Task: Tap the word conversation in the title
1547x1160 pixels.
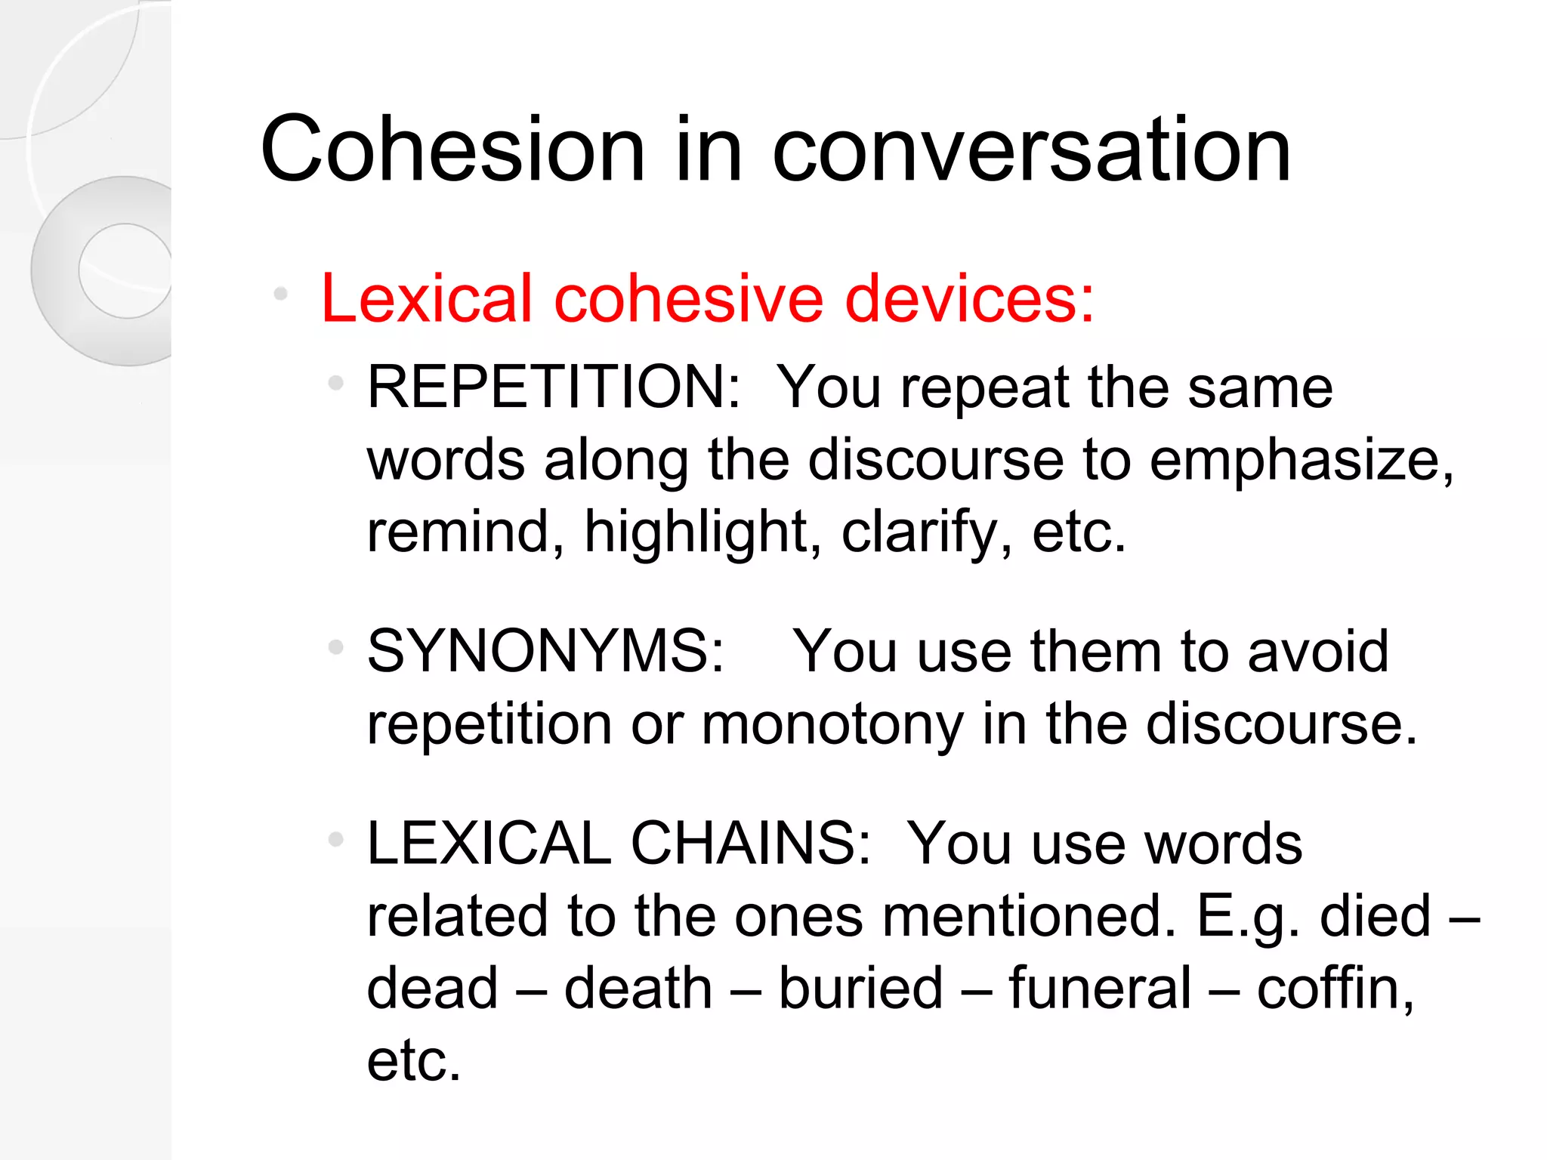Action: coord(1031,151)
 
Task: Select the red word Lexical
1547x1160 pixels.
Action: coord(427,299)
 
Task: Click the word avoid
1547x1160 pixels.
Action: coord(1317,652)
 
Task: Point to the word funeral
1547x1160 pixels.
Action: coord(1100,989)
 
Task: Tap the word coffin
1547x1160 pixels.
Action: coord(1332,989)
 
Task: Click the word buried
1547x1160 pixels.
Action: coord(860,989)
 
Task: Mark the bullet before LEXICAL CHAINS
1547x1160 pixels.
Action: coord(336,840)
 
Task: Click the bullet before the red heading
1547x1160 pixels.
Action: coord(281,294)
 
